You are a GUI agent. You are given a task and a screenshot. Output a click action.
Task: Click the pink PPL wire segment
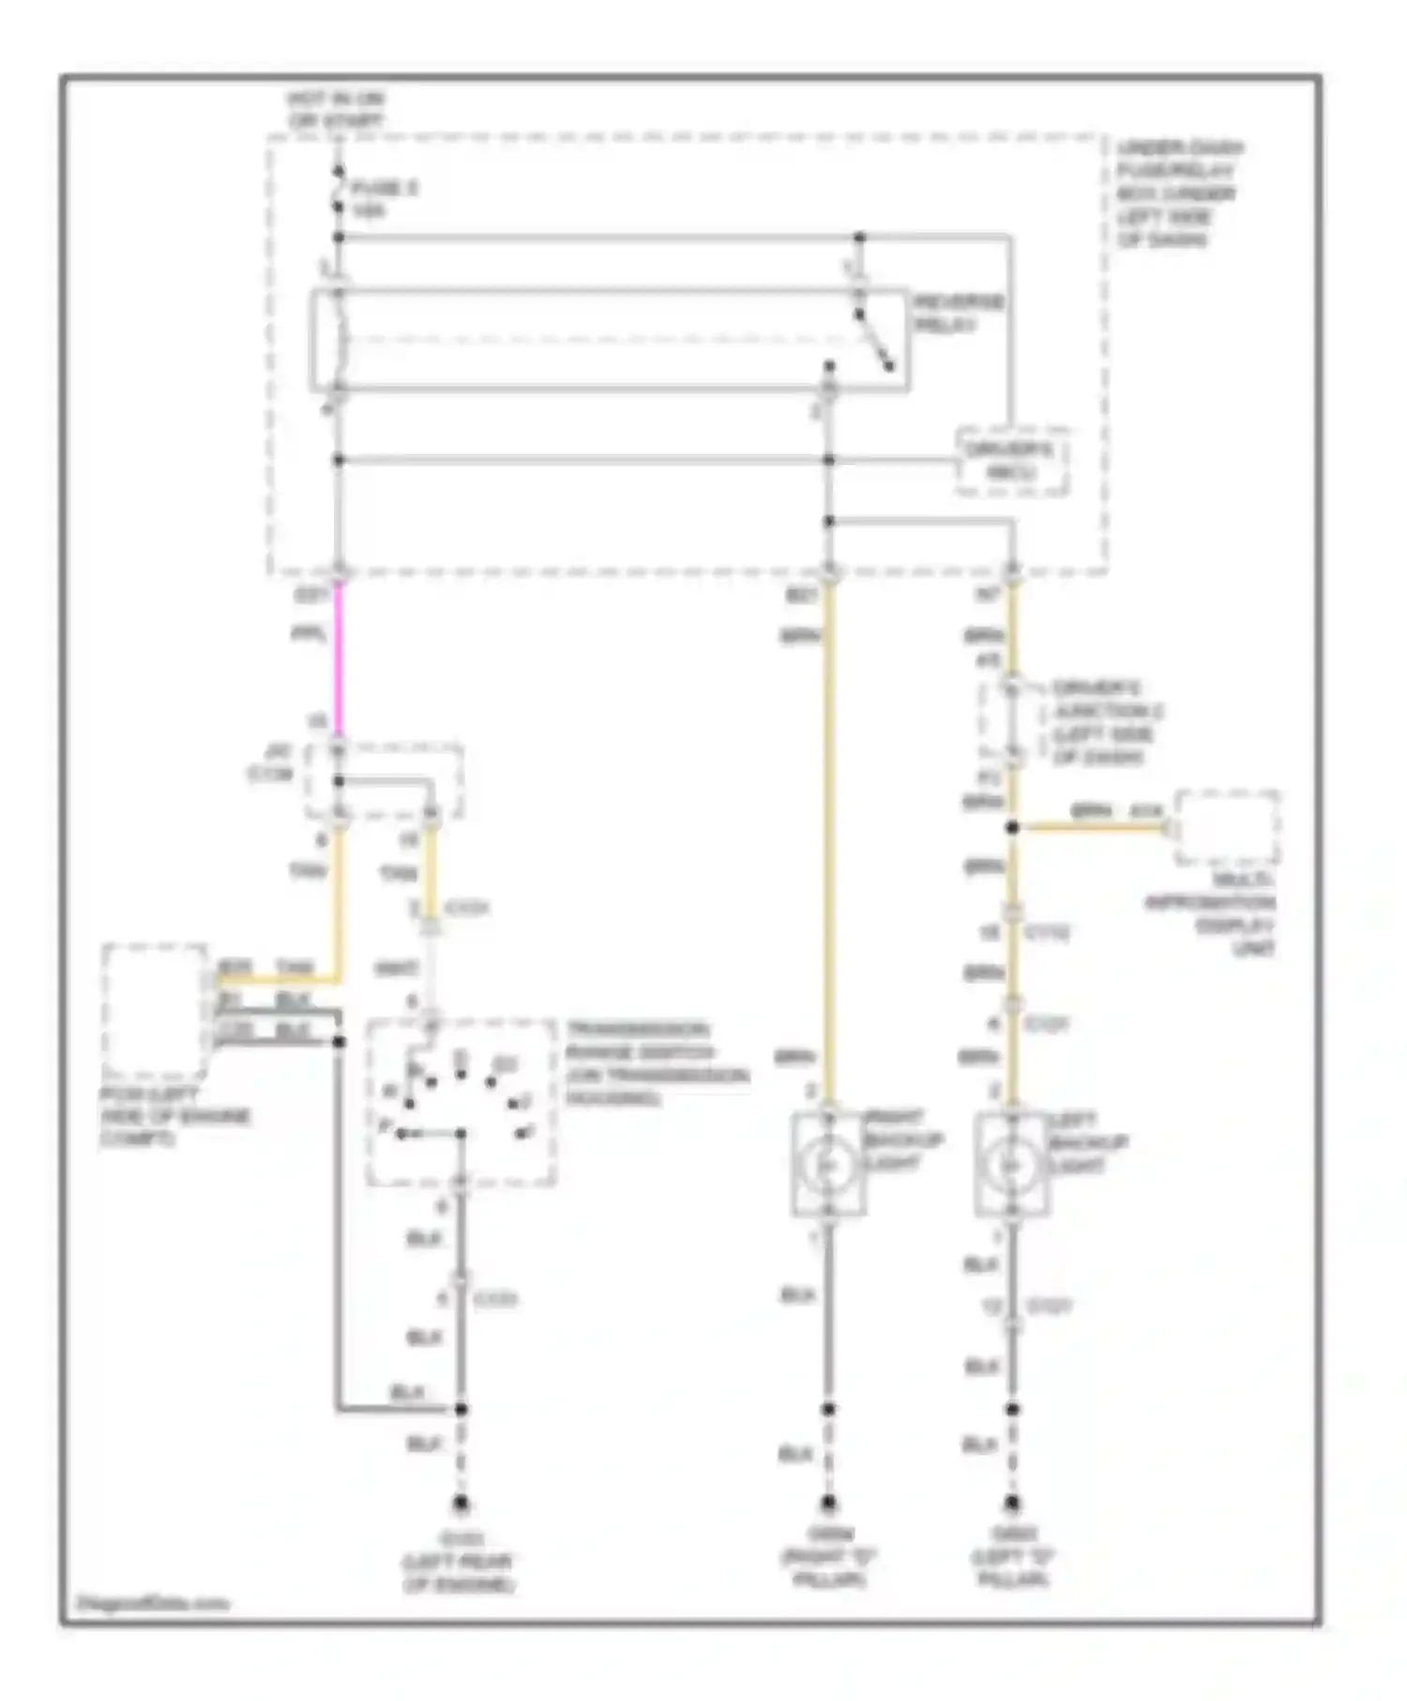(x=339, y=656)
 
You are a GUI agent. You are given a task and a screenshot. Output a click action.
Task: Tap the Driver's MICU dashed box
(x=1011, y=460)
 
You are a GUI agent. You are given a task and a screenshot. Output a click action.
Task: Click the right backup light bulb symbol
(x=827, y=1164)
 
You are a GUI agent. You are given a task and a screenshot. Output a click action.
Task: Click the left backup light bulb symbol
(x=1011, y=1164)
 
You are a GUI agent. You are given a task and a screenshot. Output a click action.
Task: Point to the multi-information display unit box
(x=1227, y=827)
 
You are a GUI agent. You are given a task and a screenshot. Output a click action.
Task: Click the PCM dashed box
(x=155, y=1011)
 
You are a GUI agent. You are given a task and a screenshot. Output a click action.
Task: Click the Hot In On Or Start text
(x=336, y=110)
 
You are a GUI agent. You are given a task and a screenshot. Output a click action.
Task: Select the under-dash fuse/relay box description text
(x=1178, y=193)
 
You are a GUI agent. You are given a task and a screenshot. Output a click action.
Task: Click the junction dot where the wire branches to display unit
(x=1012, y=828)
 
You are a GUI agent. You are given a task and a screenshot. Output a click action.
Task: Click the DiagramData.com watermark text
(x=153, y=1603)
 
